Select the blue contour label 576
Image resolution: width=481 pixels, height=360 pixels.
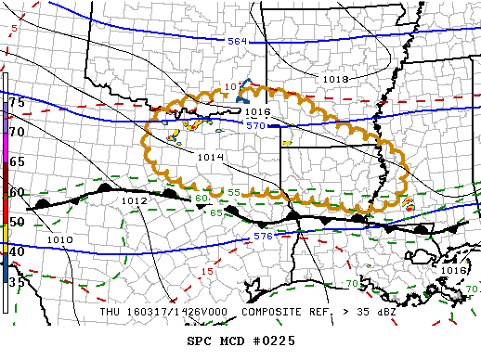(x=263, y=238)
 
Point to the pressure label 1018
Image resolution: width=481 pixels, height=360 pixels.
(x=335, y=79)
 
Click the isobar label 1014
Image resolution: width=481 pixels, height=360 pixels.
(x=210, y=157)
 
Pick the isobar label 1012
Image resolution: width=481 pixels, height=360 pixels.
(x=134, y=200)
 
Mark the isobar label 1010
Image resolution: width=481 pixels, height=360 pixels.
(x=59, y=239)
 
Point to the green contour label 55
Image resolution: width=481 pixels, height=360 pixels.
(x=234, y=192)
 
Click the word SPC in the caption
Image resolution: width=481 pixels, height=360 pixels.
(x=200, y=341)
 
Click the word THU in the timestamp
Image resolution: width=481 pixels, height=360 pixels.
(x=111, y=312)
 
